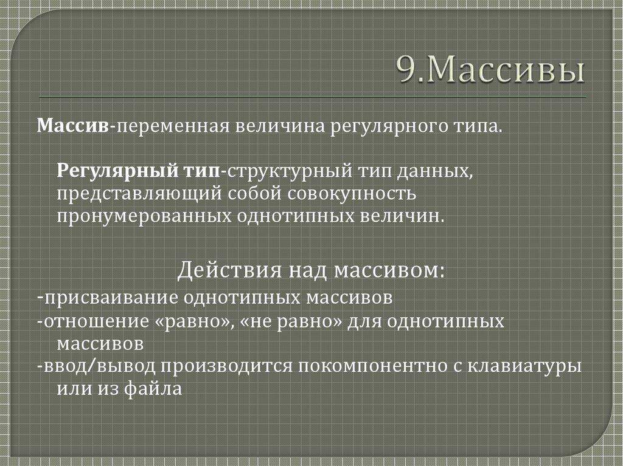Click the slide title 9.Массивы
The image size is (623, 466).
coord(492,72)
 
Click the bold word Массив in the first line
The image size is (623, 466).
coord(73,127)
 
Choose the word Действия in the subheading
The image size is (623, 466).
coord(218,269)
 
